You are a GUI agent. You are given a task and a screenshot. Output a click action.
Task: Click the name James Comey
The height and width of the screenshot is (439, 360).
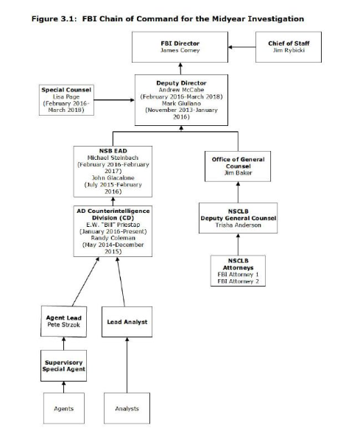[180, 50]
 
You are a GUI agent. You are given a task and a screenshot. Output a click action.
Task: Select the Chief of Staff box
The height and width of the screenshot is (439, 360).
[289, 47]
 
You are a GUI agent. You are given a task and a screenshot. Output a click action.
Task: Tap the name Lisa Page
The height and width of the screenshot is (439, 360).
[66, 96]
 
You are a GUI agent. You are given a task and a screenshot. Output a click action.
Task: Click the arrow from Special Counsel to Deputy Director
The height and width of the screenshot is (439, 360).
[114, 100]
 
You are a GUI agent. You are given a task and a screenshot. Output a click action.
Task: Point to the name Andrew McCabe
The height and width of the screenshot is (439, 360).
[181, 90]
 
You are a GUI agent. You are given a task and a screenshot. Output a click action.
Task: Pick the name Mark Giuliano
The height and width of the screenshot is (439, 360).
[181, 103]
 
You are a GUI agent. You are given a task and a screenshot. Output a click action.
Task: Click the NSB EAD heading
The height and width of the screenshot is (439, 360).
[113, 151]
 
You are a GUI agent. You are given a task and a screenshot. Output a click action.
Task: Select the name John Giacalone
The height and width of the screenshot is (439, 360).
[113, 178]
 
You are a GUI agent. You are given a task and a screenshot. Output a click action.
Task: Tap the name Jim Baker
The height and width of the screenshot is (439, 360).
[239, 173]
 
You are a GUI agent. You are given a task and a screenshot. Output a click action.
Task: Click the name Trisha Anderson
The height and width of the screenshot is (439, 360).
[239, 225]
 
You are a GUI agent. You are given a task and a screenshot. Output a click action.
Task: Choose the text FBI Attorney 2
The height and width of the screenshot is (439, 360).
[239, 281]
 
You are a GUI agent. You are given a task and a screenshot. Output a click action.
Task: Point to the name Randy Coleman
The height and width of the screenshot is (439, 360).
[113, 238]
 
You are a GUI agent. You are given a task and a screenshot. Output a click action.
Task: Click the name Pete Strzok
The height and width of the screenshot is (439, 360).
[63, 325]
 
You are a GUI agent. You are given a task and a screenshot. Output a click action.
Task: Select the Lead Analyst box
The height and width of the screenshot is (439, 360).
[127, 322]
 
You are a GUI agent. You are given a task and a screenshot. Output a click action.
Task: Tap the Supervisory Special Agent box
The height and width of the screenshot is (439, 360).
[63, 365]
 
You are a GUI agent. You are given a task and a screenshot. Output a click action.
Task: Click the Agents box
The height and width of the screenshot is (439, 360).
[64, 408]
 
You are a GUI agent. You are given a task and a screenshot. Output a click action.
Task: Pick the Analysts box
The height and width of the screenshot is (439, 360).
[127, 408]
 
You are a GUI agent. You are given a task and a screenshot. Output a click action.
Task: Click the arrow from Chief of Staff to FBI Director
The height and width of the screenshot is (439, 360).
[242, 47]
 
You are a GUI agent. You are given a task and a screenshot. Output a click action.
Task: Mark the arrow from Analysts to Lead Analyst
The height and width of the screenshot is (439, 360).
[127, 365]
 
